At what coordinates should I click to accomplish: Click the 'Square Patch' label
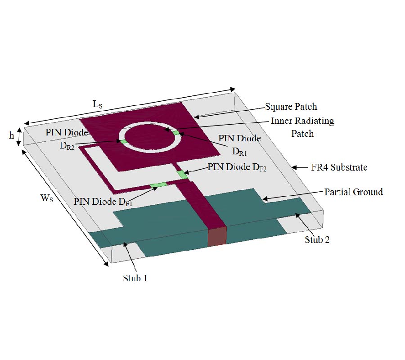pyautogui.click(x=291, y=107)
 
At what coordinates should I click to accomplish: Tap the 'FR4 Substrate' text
pyautogui.click(x=339, y=167)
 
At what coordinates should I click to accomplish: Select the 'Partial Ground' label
pyautogui.click(x=353, y=192)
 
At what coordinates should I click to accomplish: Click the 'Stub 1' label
pyautogui.click(x=135, y=278)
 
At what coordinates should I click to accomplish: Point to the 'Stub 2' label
pyautogui.click(x=317, y=240)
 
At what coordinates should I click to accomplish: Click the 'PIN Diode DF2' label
pyautogui.click(x=237, y=167)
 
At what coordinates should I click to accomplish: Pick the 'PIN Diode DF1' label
pyautogui.click(x=103, y=202)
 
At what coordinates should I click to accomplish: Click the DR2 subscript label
pyautogui.click(x=67, y=146)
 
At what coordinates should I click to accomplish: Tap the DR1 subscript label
pyautogui.click(x=239, y=152)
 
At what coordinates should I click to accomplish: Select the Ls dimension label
pyautogui.click(x=98, y=104)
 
